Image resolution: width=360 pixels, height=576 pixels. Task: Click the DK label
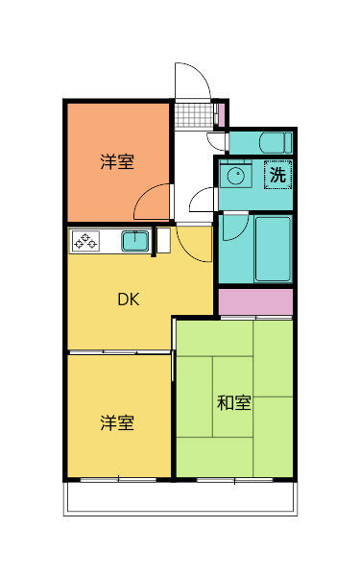point(129,300)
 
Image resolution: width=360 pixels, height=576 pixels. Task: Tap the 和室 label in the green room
point(233,403)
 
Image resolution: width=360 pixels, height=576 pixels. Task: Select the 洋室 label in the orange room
point(117,162)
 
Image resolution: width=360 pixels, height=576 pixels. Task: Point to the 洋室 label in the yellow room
point(117,422)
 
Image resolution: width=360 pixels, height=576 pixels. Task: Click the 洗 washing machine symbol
point(276,176)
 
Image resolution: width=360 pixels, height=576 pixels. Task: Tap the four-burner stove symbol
point(84,240)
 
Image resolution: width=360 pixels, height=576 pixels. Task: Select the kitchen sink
point(135,240)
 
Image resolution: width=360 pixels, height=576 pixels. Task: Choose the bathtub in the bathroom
point(273,248)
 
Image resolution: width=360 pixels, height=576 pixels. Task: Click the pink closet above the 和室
point(254,301)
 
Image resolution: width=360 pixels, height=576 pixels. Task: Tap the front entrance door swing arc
point(189,79)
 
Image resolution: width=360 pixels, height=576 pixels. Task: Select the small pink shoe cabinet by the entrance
point(220,113)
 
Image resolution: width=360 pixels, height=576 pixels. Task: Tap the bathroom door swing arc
point(235,230)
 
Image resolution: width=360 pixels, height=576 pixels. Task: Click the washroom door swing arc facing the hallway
point(204,202)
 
